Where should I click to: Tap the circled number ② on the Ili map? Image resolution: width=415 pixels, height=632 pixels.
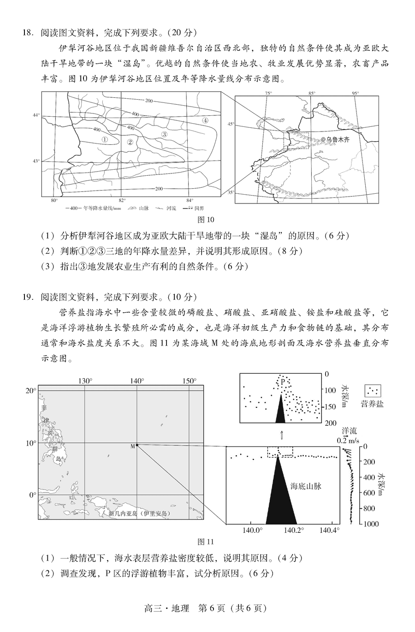click(x=130, y=143)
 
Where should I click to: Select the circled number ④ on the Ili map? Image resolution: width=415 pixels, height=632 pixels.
click(x=205, y=120)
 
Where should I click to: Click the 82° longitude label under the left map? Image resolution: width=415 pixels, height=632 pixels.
click(x=122, y=200)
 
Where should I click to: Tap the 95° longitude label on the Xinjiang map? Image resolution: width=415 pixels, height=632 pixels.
click(x=355, y=93)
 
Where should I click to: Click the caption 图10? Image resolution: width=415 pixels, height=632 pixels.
click(x=206, y=220)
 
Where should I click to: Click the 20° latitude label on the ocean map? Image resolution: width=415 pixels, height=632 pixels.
click(x=30, y=391)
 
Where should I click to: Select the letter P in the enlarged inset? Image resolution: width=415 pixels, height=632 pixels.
click(x=282, y=382)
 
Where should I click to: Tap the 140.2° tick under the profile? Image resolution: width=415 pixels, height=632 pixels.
click(x=294, y=530)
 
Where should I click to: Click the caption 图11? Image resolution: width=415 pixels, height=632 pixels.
click(x=206, y=542)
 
